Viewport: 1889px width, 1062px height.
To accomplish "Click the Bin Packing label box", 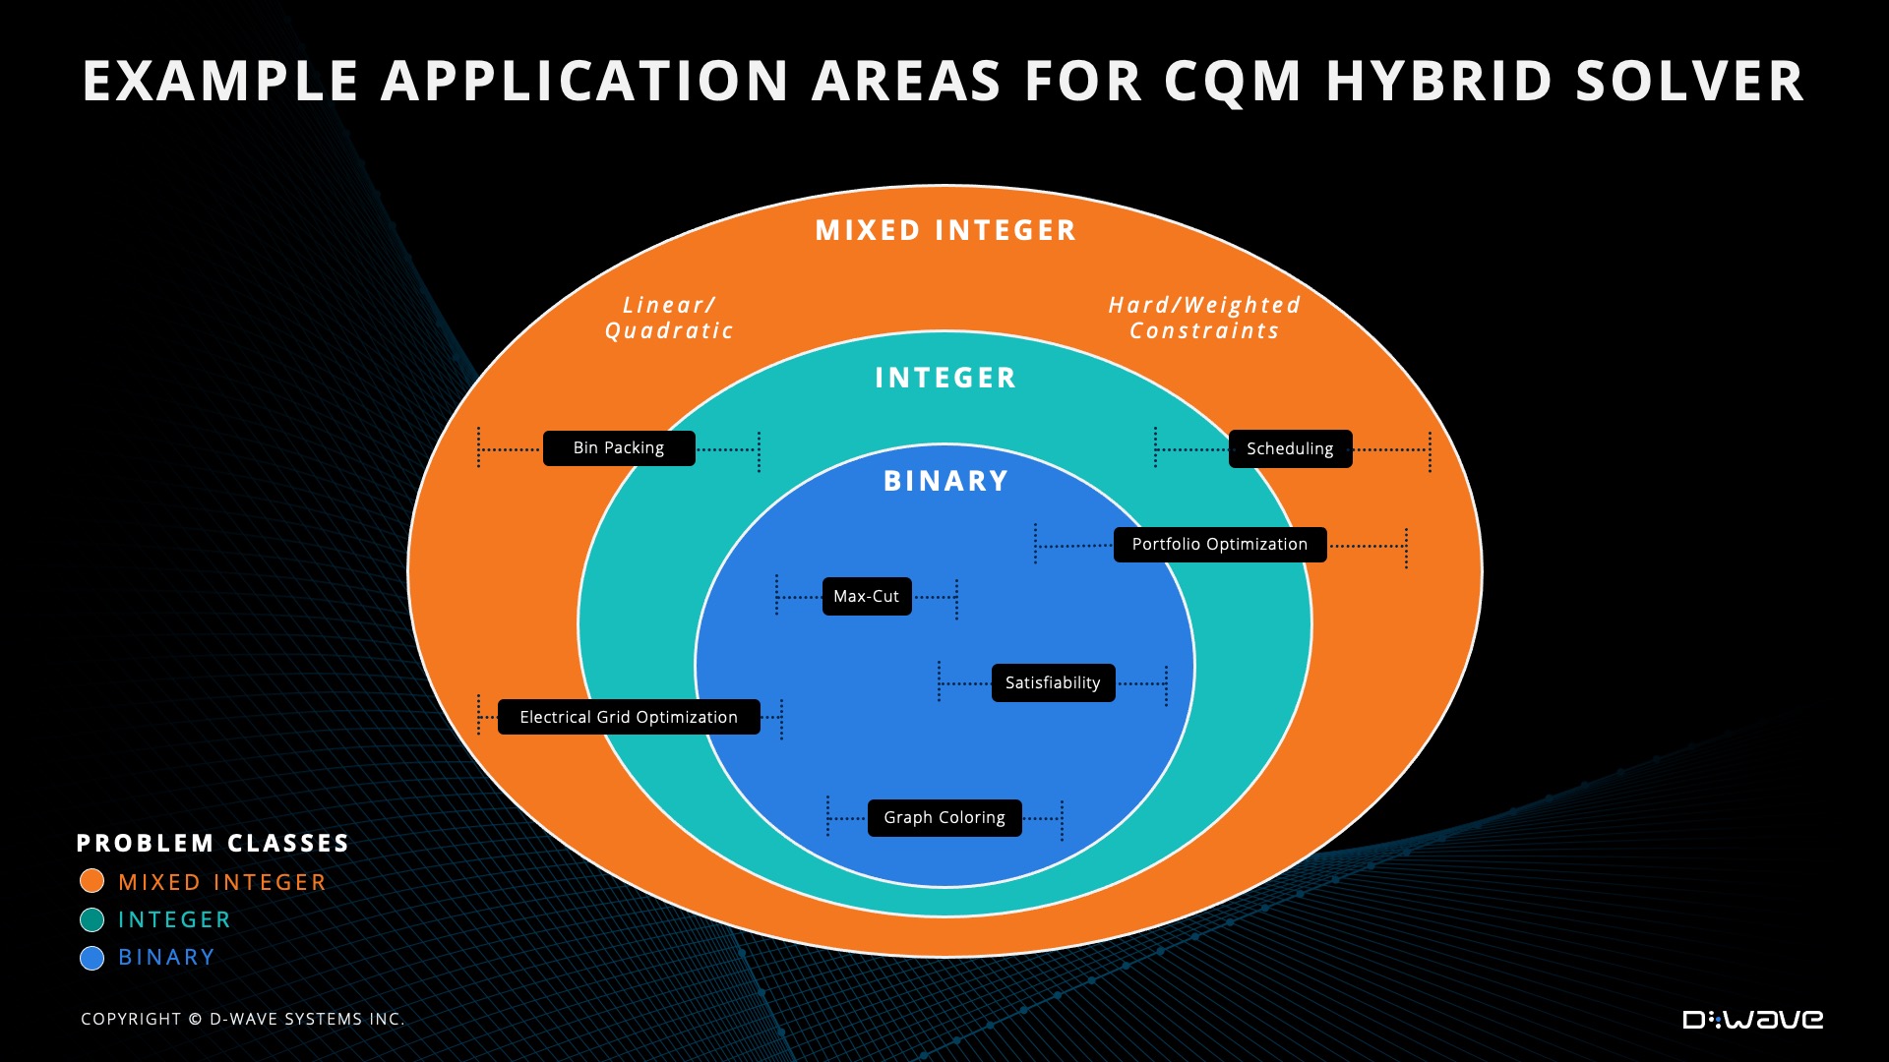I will [619, 448].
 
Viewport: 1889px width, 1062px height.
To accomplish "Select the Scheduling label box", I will [1290, 449].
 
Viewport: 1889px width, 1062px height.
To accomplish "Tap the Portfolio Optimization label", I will [1220, 545].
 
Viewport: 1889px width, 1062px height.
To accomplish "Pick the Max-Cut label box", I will [867, 597].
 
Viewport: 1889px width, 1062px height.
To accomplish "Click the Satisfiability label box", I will [1053, 683].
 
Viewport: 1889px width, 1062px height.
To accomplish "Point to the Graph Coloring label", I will [944, 818].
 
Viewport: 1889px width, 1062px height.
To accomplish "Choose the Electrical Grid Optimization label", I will [629, 718].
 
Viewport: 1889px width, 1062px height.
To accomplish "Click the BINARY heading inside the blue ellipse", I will [945, 481].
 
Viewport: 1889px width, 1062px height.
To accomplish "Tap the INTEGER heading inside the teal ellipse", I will [945, 378].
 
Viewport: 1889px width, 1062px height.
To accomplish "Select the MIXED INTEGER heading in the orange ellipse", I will [945, 230].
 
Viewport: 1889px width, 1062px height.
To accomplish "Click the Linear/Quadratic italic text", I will [669, 318].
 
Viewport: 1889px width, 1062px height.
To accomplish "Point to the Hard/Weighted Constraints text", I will [1204, 318].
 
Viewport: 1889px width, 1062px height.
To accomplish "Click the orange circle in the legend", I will [92, 881].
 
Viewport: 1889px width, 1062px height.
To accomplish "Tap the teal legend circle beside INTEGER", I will [92, 919].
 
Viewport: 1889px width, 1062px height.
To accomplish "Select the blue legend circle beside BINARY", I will [92, 958].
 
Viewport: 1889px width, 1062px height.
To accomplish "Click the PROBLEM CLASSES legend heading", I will [213, 844].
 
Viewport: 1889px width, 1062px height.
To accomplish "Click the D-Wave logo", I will [1752, 1020].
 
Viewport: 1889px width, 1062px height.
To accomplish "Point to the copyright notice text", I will [242, 1020].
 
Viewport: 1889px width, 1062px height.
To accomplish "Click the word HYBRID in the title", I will [1439, 81].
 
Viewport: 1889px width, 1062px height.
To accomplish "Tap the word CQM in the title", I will [1234, 81].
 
